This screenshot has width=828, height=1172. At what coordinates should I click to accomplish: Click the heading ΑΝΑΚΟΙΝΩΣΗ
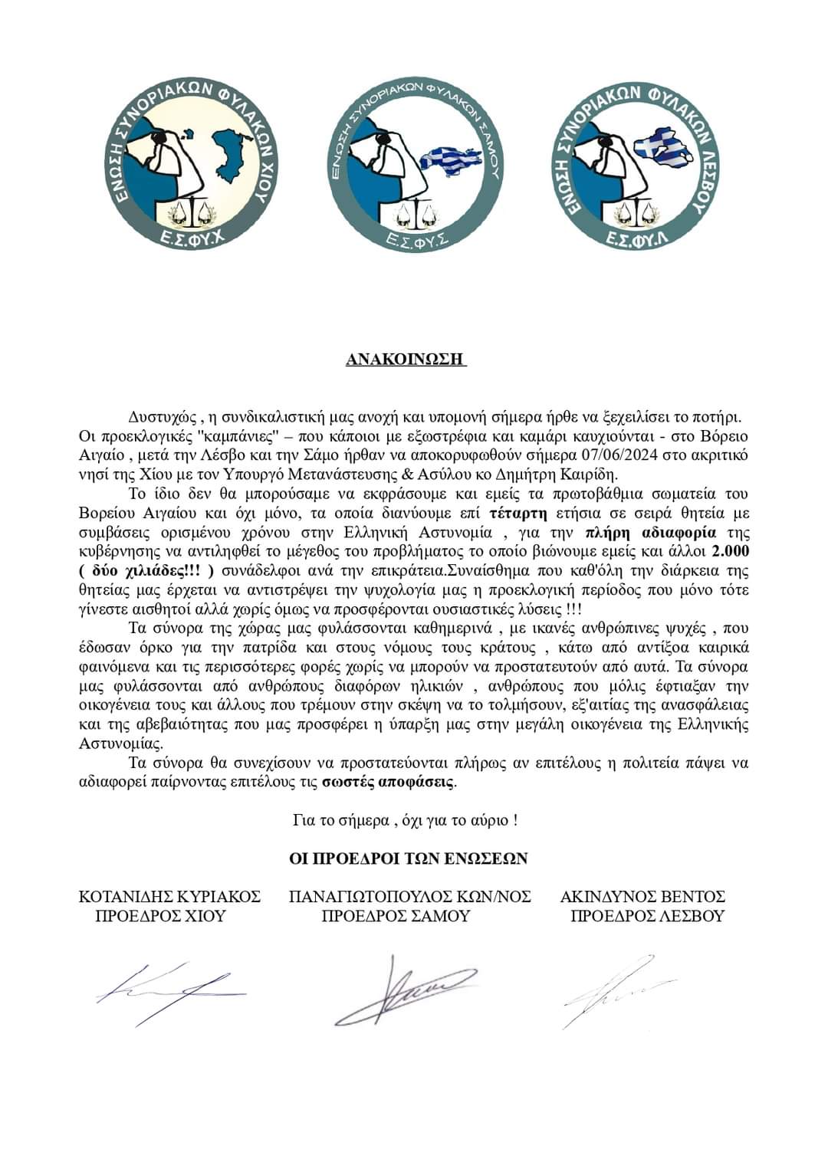coord(406,360)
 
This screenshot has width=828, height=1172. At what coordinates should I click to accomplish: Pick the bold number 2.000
coord(730,551)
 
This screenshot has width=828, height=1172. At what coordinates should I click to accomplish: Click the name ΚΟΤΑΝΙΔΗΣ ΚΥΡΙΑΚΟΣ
coord(169,896)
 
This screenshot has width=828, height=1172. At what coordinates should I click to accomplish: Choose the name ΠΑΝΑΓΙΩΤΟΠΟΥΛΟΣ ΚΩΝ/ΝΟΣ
coord(410,896)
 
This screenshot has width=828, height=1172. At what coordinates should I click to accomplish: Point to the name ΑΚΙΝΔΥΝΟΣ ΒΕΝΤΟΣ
coord(642,896)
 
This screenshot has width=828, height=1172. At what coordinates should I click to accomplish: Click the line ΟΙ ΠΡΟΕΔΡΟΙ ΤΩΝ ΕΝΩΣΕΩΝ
coord(408,858)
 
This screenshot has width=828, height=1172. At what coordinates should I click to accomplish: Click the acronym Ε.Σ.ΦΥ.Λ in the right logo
coord(638,240)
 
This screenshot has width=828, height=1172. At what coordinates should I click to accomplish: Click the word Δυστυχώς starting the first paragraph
coord(161,417)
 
